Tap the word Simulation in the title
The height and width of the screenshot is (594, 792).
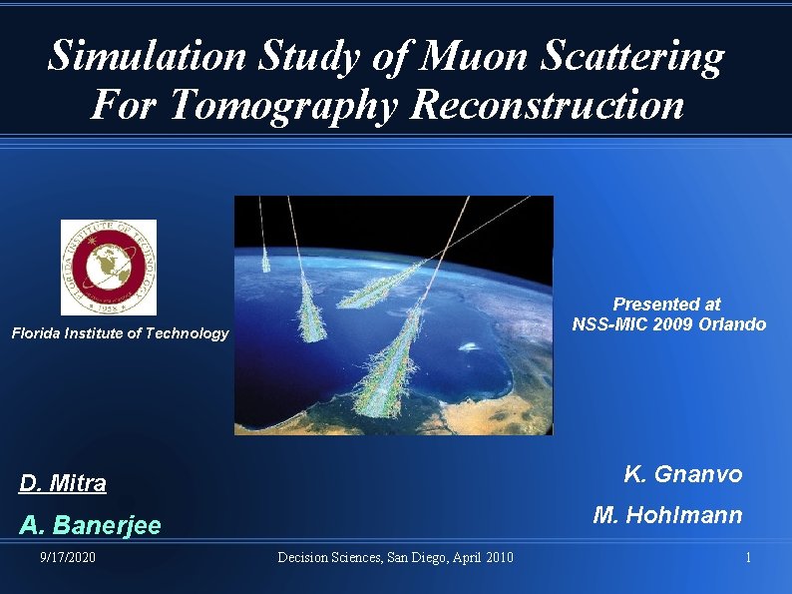(x=148, y=57)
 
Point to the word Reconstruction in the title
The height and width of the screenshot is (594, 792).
(x=548, y=104)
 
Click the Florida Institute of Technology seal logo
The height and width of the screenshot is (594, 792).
(x=109, y=267)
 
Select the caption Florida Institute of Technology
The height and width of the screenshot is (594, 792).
(x=120, y=333)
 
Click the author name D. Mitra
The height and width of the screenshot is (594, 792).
(x=63, y=484)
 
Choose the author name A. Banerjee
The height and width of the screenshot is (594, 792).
(x=90, y=525)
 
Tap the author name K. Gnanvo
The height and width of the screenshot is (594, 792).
(x=683, y=474)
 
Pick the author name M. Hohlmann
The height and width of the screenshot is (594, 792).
(x=667, y=515)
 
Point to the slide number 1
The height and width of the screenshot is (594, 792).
(x=748, y=557)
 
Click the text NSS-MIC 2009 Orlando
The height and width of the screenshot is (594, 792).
(x=668, y=323)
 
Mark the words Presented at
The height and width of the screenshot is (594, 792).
(x=666, y=303)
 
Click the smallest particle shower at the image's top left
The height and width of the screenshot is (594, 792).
(x=265, y=260)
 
